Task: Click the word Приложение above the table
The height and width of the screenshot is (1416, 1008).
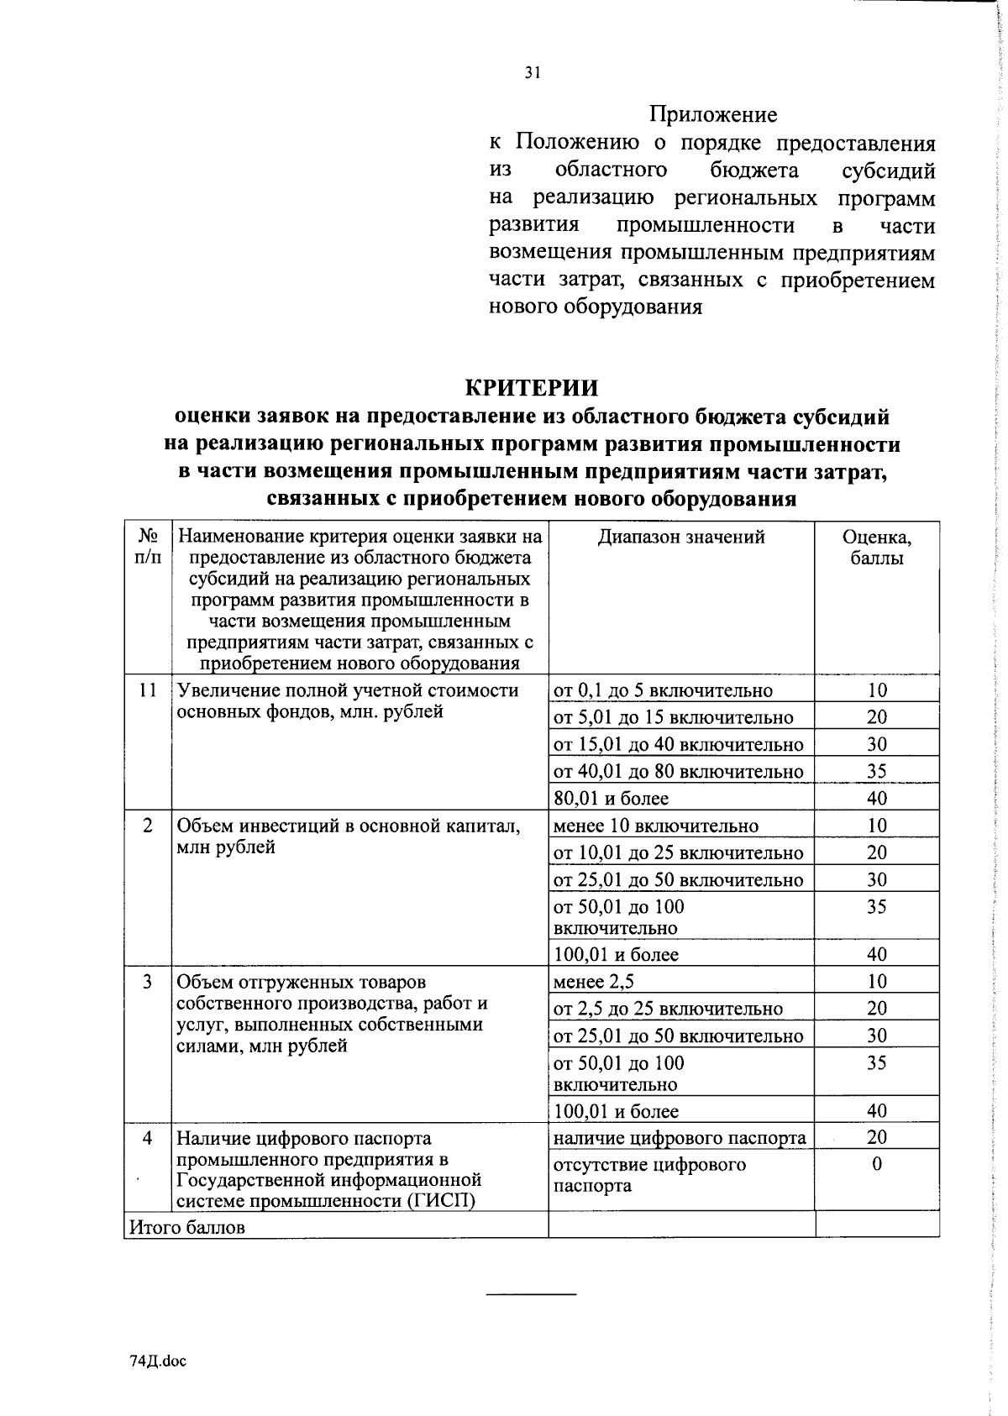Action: [x=713, y=114]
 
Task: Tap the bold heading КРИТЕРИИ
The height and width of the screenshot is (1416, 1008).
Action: [x=532, y=387]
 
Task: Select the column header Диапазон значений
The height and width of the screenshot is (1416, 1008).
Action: [x=681, y=538]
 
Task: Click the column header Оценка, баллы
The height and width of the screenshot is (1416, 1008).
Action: [x=877, y=548]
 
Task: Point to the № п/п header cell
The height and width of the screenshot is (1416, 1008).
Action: [x=148, y=546]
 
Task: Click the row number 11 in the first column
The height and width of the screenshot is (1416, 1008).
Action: [x=148, y=690]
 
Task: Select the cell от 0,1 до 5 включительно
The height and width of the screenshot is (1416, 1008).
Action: [x=663, y=691]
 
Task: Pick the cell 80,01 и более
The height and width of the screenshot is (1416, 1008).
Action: [x=611, y=799]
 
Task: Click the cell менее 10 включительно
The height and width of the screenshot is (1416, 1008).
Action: [x=655, y=826]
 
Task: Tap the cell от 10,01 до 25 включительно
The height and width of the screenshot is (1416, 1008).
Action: [x=678, y=853]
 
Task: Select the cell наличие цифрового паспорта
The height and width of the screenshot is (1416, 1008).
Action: [x=679, y=1139]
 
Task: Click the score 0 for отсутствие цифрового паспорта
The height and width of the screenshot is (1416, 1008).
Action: [x=877, y=1165]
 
